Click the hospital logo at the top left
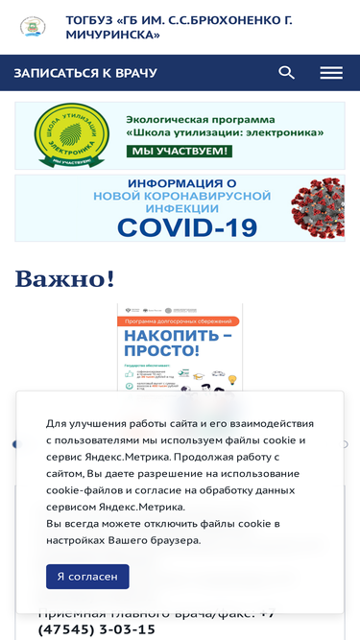tap(33, 27)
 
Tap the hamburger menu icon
tap(331, 73)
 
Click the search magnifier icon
tap(286, 73)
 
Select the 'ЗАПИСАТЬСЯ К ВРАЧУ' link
tap(85, 73)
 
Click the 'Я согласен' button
tap(87, 576)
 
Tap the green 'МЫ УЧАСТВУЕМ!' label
tap(180, 152)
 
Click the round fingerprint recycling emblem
tap(72, 136)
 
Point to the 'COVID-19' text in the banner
tap(187, 227)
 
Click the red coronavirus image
tap(318, 206)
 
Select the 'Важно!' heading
tap(65, 279)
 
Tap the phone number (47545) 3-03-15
tap(97, 629)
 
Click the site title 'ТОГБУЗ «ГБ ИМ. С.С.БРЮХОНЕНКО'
tap(179, 20)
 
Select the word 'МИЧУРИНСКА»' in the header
tap(113, 35)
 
